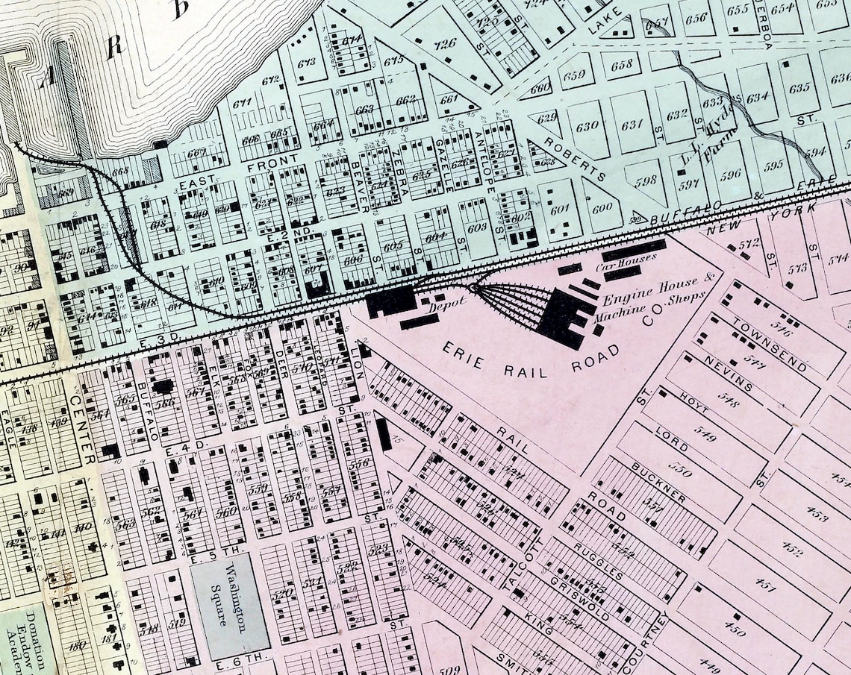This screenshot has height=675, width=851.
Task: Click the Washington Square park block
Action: click(x=230, y=601)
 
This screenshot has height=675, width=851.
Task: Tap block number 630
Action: click(x=587, y=126)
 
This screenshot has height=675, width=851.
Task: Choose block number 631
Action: click(x=632, y=124)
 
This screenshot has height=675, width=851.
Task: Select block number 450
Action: click(x=735, y=631)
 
